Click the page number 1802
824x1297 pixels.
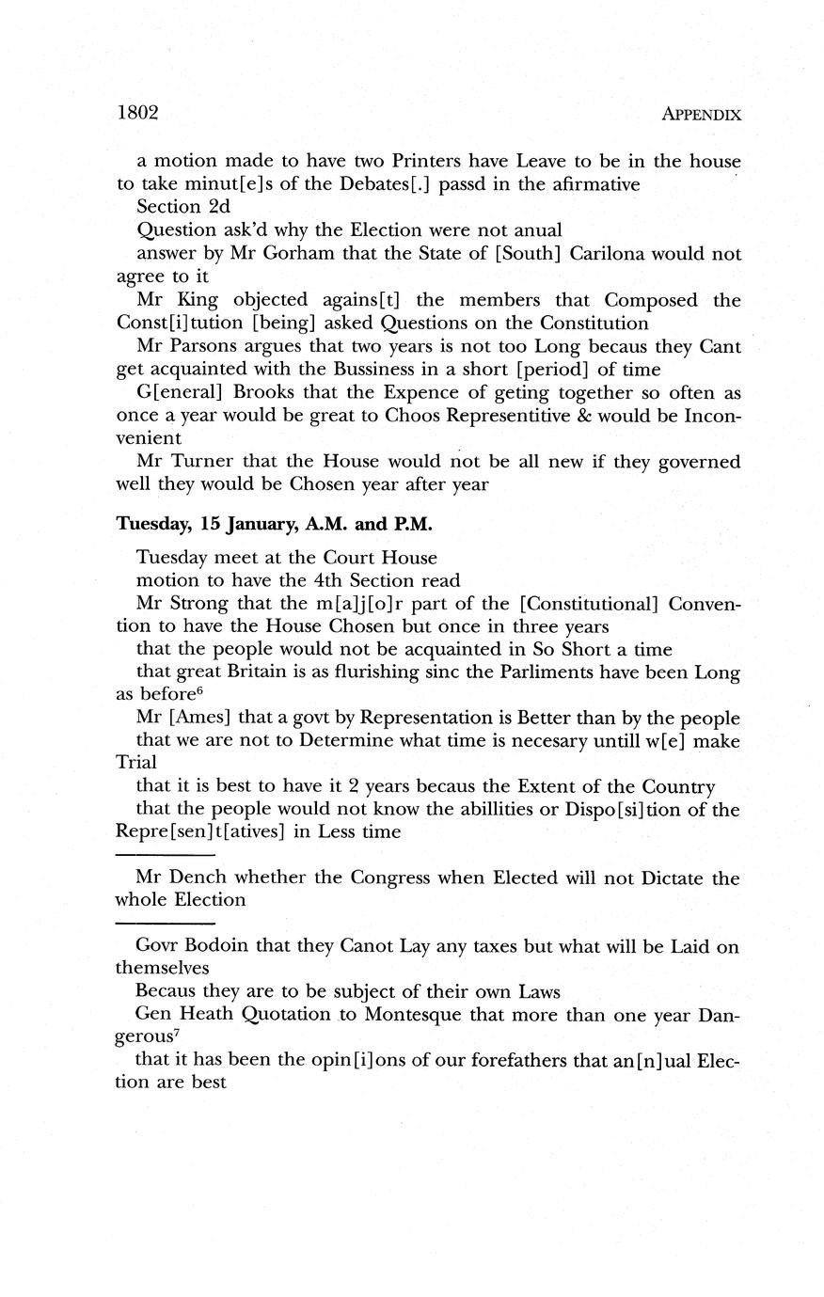point(136,113)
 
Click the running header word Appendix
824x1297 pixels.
point(701,115)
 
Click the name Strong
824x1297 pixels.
point(201,602)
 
